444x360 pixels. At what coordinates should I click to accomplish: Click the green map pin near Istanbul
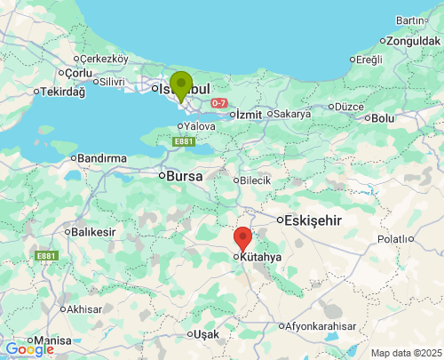(181, 85)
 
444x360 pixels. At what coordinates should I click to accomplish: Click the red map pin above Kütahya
(242, 238)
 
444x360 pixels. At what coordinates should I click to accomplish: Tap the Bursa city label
(184, 176)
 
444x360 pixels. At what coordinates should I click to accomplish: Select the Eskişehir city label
(311, 220)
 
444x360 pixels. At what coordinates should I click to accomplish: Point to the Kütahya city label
(260, 257)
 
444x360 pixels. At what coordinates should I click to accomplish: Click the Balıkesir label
(93, 232)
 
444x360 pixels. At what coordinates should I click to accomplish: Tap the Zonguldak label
(415, 41)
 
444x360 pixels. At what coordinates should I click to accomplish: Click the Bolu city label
(383, 117)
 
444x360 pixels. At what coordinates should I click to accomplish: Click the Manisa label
(52, 340)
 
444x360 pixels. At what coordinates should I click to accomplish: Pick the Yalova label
(199, 126)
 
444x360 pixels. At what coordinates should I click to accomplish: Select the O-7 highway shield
(219, 104)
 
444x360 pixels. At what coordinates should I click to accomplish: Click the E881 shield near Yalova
(184, 141)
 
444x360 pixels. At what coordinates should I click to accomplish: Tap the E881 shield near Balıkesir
(46, 256)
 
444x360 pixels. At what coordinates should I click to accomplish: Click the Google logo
(28, 349)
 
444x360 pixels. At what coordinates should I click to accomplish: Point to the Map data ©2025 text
(405, 353)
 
